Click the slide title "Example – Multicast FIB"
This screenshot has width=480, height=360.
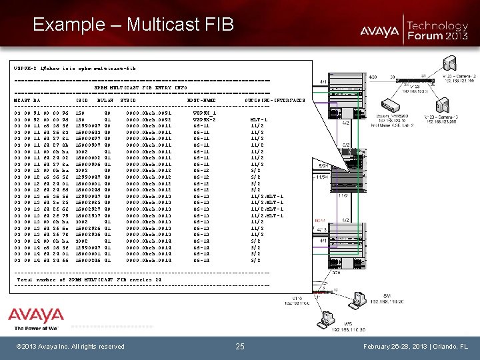coord(133,25)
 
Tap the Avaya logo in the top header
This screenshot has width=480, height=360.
coord(381,30)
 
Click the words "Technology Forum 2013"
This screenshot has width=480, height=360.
coord(437,30)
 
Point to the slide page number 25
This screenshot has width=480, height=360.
coord(240,346)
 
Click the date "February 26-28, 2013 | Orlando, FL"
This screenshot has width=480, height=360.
coord(417,346)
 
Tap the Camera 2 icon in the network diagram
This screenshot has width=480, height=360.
coord(449,64)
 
